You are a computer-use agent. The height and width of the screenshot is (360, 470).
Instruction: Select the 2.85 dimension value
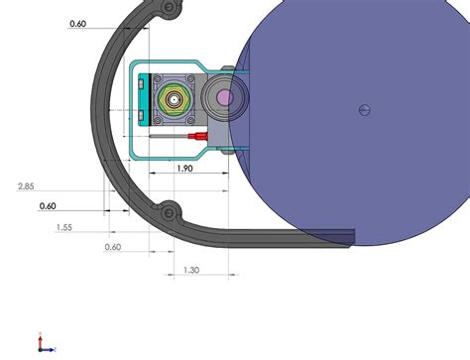tap(27, 186)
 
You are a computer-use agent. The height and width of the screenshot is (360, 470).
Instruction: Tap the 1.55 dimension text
tap(63, 227)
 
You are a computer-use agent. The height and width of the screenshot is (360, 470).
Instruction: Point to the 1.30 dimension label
tap(191, 270)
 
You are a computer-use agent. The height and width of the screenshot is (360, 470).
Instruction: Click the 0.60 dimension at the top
tap(78, 24)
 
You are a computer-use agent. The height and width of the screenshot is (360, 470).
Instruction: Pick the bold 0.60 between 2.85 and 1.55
tap(48, 206)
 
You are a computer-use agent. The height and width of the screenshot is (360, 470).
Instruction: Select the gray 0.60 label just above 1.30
tap(112, 247)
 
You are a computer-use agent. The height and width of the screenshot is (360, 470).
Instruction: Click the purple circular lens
tap(225, 97)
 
